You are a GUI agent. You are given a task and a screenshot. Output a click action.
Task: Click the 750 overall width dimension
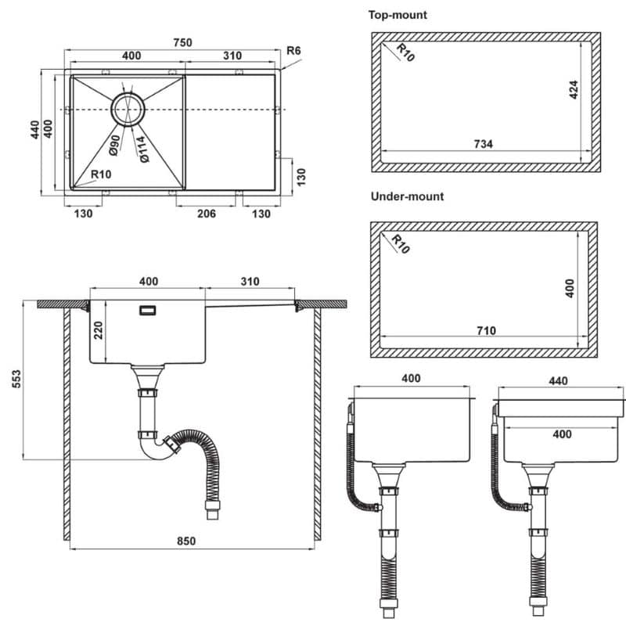pyautogui.click(x=183, y=42)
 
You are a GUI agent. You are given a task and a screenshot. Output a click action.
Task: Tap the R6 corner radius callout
pyautogui.click(x=293, y=51)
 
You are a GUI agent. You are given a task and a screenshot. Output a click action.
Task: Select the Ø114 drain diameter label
pyautogui.click(x=142, y=149)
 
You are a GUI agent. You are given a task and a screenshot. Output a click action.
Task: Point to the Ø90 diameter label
pyautogui.click(x=114, y=145)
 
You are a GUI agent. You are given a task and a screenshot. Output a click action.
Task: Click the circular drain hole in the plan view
pyautogui.click(x=128, y=110)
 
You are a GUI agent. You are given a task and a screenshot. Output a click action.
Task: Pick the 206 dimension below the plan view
pyautogui.click(x=207, y=214)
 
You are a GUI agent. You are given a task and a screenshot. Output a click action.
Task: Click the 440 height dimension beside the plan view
pyautogui.click(x=35, y=130)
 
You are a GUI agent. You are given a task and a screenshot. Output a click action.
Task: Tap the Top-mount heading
pyautogui.click(x=398, y=15)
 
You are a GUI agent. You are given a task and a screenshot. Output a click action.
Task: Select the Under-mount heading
pyautogui.click(x=407, y=196)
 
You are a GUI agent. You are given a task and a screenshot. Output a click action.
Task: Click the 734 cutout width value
pyautogui.click(x=483, y=144)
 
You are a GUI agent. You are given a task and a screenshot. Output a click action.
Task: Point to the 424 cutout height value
pyautogui.click(x=574, y=89)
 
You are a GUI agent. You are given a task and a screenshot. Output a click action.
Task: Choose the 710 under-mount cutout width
pyautogui.click(x=486, y=330)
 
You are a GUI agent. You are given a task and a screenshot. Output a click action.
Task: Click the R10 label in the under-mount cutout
pyautogui.click(x=401, y=244)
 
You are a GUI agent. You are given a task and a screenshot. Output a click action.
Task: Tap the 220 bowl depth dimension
pyautogui.click(x=98, y=330)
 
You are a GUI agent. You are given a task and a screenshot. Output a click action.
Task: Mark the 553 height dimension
pyautogui.click(x=16, y=379)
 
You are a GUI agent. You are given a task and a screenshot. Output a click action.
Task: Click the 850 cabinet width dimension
pyautogui.click(x=186, y=541)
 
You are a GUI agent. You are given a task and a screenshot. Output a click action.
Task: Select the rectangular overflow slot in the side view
pyautogui.click(x=147, y=310)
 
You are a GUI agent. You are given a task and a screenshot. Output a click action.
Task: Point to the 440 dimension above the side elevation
pyautogui.click(x=558, y=381)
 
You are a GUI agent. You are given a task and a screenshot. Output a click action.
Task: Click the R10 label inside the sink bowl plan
pyautogui.click(x=101, y=174)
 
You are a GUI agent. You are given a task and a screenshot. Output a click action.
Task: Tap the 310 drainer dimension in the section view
pyautogui.click(x=250, y=282)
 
